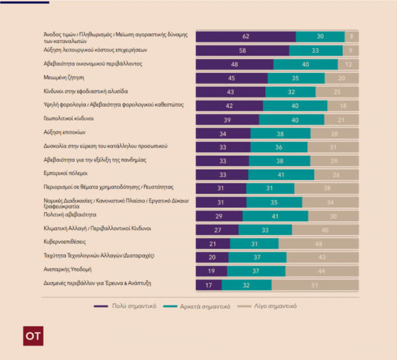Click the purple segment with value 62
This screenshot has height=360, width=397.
pos(245,36)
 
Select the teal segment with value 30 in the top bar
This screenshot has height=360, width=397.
pos(320,36)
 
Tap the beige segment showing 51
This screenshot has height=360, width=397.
pos(316,285)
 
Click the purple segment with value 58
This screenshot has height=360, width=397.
pos(242,50)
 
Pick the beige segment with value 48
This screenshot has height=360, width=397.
pos(320,243)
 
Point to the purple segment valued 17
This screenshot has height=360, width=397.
pos(209,285)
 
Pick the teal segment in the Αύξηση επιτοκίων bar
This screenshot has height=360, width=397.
pos(281,133)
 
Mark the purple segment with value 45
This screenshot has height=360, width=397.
pos(232,78)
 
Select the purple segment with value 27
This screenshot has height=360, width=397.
pos(217,229)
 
